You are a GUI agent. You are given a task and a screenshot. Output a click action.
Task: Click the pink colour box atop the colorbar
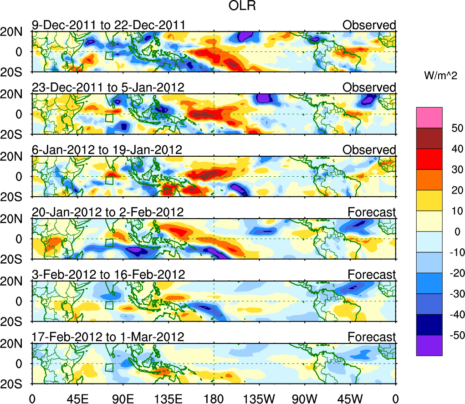tap(429, 118)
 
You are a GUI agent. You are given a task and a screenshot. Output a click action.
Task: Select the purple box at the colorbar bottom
tap(429, 345)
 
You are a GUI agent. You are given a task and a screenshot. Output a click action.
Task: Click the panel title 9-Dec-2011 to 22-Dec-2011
tap(108, 25)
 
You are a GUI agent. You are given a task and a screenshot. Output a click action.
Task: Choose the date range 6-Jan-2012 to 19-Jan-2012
tap(107, 149)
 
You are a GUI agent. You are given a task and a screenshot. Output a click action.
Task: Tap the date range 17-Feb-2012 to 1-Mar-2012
tap(108, 337)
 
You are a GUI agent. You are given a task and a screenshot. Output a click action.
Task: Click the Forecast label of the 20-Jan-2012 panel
tap(372, 212)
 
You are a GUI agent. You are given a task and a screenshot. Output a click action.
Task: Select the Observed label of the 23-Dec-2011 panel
tap(369, 87)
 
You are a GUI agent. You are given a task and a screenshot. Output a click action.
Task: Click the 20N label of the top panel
tap(15, 31)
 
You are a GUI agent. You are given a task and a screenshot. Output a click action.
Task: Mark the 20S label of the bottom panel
tap(15, 384)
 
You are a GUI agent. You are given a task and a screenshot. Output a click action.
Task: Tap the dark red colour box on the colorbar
tap(429, 138)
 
